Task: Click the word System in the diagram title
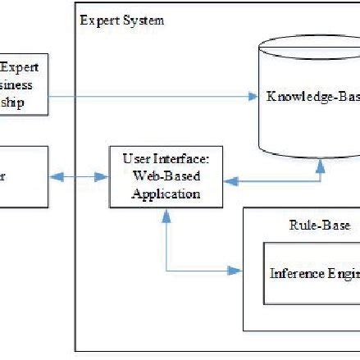tap(143, 21)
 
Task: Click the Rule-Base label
tap(319, 226)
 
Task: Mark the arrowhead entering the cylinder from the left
tap(253, 97)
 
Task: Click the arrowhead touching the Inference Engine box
tap(239, 271)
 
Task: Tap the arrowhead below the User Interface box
tap(167, 215)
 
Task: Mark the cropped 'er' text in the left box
tap(3, 176)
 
